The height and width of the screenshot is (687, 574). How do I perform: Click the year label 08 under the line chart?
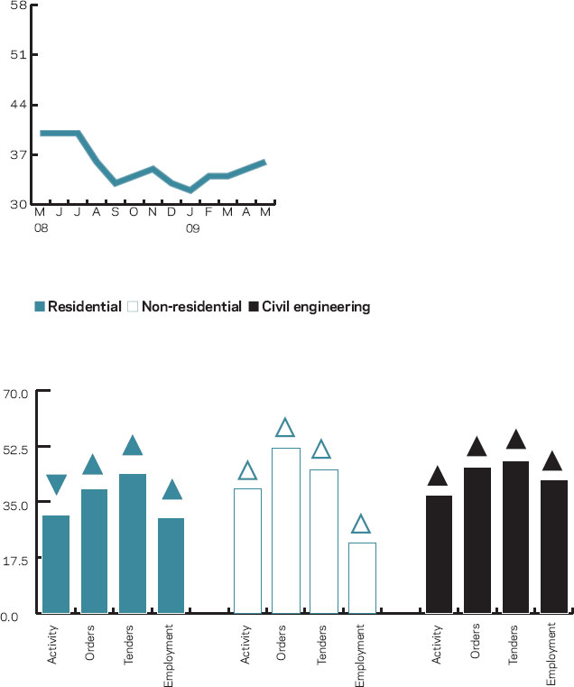40,228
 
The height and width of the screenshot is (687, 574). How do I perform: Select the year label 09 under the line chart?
192,228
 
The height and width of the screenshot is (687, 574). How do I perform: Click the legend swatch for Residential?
40,307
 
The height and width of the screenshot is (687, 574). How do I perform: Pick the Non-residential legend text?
191,307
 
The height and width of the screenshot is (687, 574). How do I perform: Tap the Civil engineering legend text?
316,307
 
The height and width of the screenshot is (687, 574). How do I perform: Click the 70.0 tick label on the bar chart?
17,393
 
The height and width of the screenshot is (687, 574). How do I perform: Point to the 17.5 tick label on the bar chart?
17,560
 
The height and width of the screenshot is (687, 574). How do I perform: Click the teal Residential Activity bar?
56,564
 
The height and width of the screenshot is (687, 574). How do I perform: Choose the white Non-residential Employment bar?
362,578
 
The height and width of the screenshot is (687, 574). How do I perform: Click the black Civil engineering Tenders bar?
515,537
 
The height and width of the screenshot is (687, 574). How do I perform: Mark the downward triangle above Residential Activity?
56,485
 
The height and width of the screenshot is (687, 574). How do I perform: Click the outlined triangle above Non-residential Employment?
361,525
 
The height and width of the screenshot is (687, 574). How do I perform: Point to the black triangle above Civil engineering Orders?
477,446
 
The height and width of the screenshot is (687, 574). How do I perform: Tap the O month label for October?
134,212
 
